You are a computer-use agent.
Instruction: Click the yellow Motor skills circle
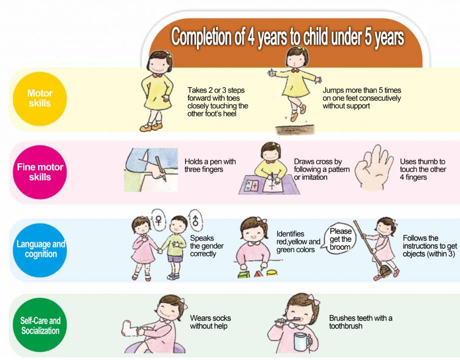pyautogui.click(x=40, y=99)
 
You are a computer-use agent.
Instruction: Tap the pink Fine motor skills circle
pyautogui.click(x=40, y=172)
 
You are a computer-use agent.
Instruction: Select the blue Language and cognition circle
pyautogui.click(x=40, y=250)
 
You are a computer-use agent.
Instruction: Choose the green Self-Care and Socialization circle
pyautogui.click(x=40, y=325)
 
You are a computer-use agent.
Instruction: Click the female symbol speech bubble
pyautogui.click(x=159, y=221)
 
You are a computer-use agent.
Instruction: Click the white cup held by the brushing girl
pyautogui.click(x=302, y=342)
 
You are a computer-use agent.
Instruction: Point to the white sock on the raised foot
pyautogui.click(x=129, y=328)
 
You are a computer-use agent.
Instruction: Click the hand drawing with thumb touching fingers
pyautogui.click(x=373, y=168)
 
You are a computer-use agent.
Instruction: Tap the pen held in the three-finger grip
pyautogui.click(x=161, y=169)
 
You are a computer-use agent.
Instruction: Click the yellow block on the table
pyautogui.click(x=272, y=273)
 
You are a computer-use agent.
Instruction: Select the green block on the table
pyautogui.click(x=243, y=274)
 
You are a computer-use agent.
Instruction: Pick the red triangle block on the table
pyautogui.click(x=258, y=274)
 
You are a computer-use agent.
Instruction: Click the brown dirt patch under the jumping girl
pyautogui.click(x=295, y=130)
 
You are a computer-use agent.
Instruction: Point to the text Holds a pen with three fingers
pyautogui.click(x=210, y=165)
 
